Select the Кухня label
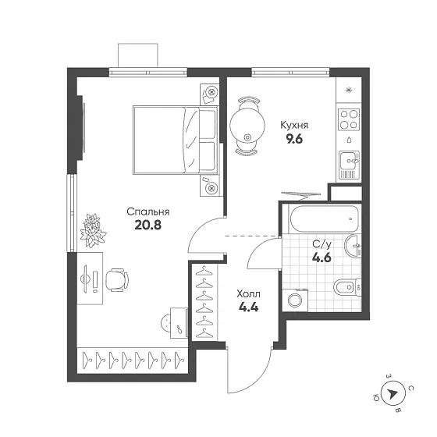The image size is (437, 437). [295, 124]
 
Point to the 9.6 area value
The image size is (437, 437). [295, 140]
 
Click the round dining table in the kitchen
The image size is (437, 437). [248, 123]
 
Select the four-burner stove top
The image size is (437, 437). [348, 120]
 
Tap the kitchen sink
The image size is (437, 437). [348, 162]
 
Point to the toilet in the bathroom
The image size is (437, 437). [346, 288]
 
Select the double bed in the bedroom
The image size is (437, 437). [173, 140]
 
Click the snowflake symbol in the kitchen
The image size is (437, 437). [348, 91]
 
